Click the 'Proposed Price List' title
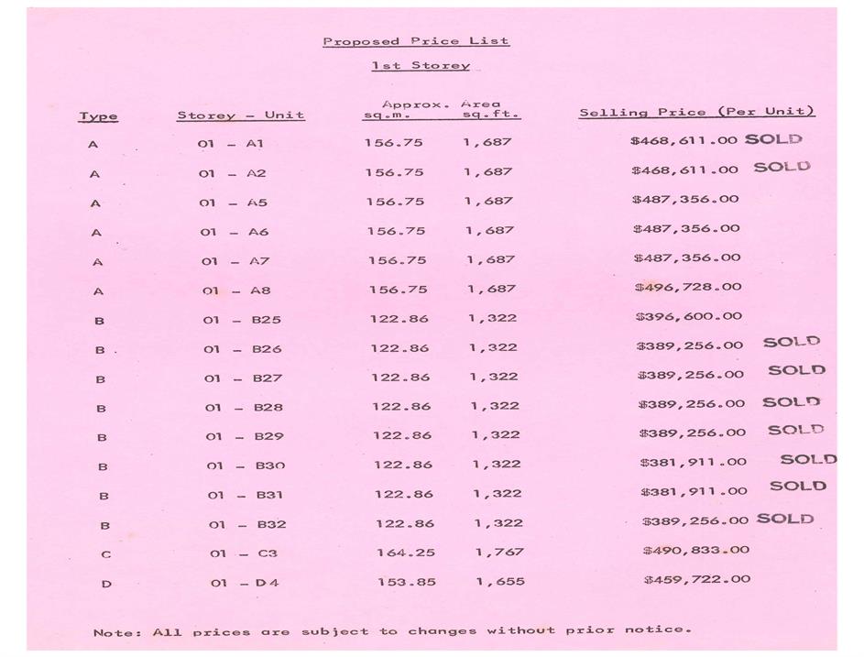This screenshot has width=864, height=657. pyautogui.click(x=415, y=41)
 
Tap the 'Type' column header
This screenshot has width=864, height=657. pyautogui.click(x=98, y=116)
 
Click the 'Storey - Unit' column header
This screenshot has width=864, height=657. pyautogui.click(x=240, y=116)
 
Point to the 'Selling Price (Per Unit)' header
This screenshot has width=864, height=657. pyautogui.click(x=696, y=112)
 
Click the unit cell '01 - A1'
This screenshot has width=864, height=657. pyautogui.click(x=230, y=144)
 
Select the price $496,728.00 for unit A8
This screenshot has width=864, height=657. pyautogui.click(x=688, y=287)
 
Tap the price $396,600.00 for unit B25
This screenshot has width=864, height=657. pyautogui.click(x=689, y=316)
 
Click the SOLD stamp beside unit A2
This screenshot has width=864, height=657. pyautogui.click(x=782, y=168)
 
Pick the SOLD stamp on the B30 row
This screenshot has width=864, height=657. pyautogui.click(x=808, y=459)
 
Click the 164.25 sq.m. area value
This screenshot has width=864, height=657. pyautogui.click(x=406, y=553)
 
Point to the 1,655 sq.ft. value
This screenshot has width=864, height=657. pyautogui.click(x=500, y=582)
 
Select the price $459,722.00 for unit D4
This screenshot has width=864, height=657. pyautogui.click(x=696, y=579)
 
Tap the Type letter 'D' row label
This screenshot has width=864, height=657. pyautogui.click(x=106, y=583)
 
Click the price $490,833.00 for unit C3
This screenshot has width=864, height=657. pyautogui.click(x=695, y=550)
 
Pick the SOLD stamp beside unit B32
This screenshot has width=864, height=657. pyautogui.click(x=785, y=519)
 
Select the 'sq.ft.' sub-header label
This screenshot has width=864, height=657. pyautogui.click(x=490, y=116)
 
